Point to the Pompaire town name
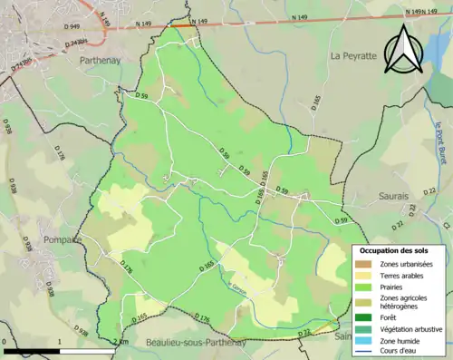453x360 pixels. (62, 239)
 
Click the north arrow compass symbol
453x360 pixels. (402, 50)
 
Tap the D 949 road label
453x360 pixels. (72, 28)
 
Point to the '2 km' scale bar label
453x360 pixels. (121, 341)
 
